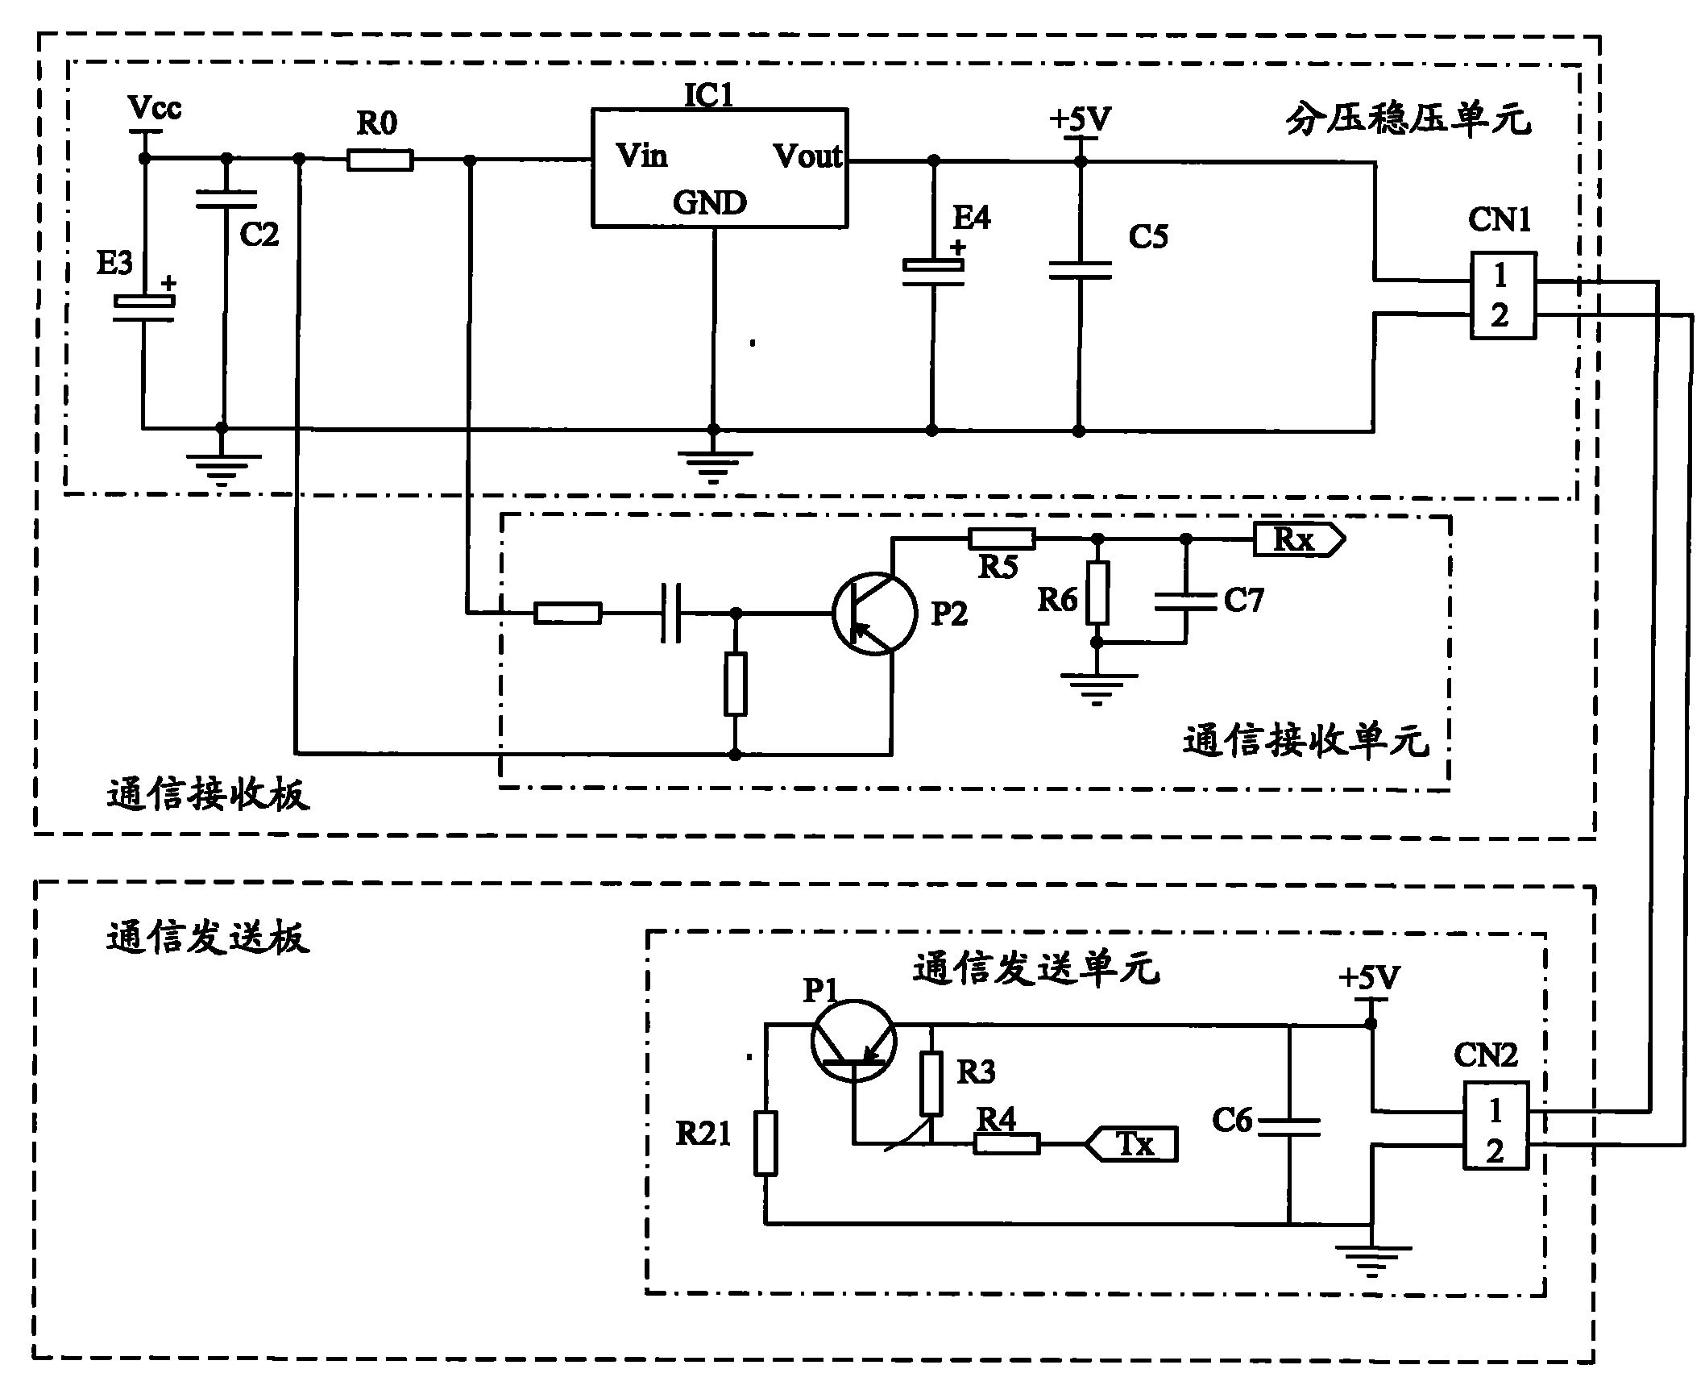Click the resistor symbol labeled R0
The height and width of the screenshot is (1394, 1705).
click(380, 160)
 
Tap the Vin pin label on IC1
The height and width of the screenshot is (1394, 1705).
click(642, 155)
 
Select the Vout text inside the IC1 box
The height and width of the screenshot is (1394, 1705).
click(807, 156)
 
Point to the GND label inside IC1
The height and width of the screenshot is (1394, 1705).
click(710, 203)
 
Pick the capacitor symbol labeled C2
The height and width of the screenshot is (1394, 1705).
click(226, 199)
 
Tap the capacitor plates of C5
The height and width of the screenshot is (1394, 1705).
click(1080, 270)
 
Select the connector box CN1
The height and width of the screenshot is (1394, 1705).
click(1502, 295)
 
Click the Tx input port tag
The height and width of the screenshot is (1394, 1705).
click(1132, 1143)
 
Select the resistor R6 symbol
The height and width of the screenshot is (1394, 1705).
click(1097, 593)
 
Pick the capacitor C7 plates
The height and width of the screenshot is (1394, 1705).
click(1185, 601)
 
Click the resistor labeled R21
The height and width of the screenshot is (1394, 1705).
click(765, 1142)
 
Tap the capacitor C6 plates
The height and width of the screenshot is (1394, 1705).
click(1289, 1126)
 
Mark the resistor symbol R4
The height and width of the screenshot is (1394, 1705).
click(1006, 1143)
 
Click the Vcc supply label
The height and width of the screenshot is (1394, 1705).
click(155, 107)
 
